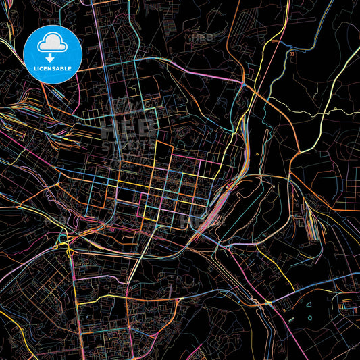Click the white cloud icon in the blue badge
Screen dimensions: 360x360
[52, 43]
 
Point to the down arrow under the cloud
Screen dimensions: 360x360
[51, 59]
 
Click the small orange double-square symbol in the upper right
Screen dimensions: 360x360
[291, 53]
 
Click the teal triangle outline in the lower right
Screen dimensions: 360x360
[308, 304]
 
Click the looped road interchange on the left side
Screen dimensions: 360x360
[65, 239]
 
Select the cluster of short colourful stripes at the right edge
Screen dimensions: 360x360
[347, 307]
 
